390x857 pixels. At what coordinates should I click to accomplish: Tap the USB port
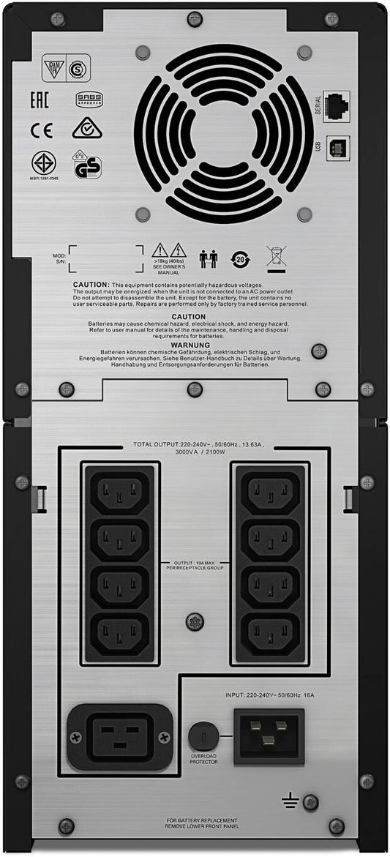(337, 146)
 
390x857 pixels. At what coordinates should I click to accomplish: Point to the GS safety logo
(87, 167)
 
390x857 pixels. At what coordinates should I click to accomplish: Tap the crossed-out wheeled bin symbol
(275, 258)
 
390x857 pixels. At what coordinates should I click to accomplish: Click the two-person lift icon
(209, 258)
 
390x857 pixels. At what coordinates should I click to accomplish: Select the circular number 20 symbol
(241, 259)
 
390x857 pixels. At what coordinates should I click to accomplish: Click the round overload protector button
(203, 734)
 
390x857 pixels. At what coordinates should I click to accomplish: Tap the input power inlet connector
(269, 736)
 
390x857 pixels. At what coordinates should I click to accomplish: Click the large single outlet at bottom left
(120, 736)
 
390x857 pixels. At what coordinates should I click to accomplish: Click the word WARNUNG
(190, 345)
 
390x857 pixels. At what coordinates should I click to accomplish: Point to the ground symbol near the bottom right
(290, 801)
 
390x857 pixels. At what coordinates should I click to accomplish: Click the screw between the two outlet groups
(195, 621)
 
